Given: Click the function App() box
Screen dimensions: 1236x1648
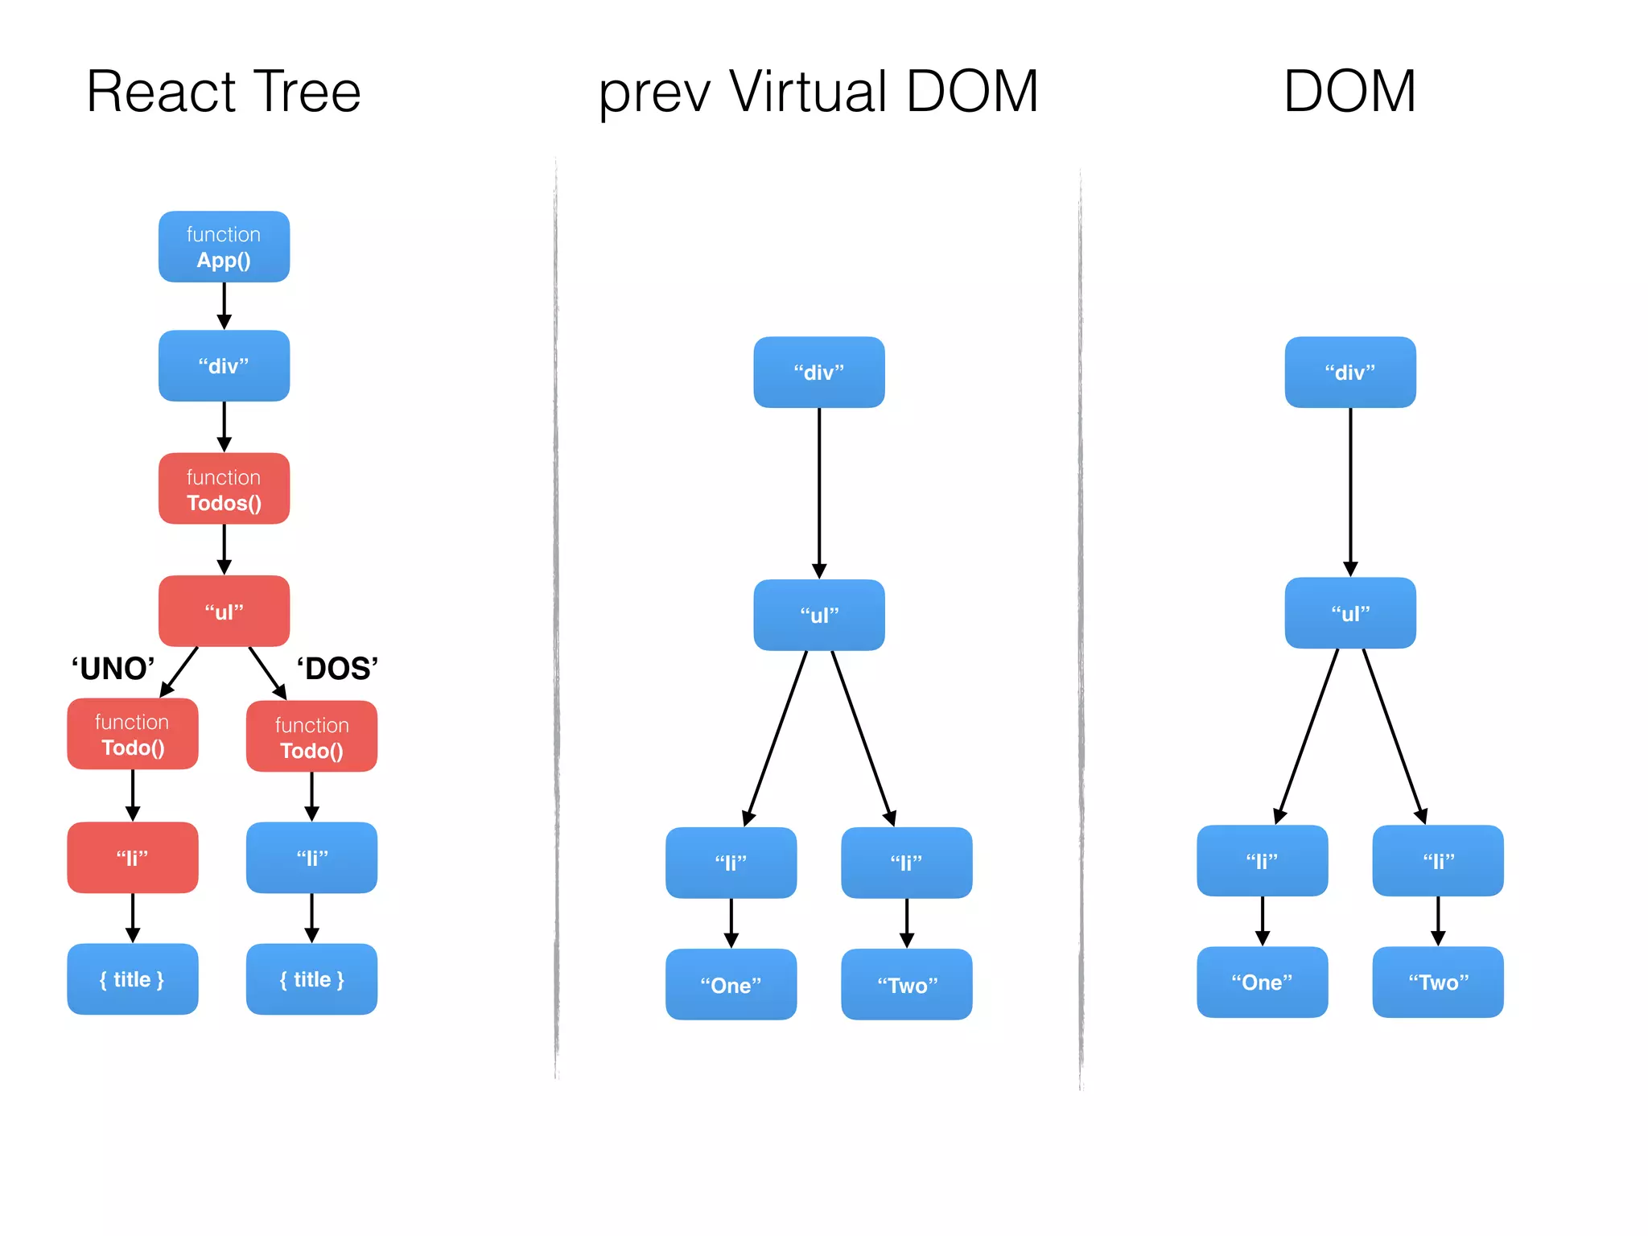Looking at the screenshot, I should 224,247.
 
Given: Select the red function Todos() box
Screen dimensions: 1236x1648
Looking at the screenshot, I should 224,489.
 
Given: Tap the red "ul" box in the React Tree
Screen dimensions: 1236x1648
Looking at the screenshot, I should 224,612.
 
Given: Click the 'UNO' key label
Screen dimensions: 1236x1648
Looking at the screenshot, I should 113,669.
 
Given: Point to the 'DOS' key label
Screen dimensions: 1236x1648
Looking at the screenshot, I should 337,669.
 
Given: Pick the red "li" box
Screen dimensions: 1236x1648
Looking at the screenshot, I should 133,858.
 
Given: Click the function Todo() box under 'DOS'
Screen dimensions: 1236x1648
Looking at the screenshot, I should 311,737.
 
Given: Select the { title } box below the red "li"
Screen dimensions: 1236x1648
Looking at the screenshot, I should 133,979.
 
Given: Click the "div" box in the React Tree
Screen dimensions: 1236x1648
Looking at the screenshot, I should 224,366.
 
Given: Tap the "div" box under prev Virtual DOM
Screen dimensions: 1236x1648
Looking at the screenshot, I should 818,373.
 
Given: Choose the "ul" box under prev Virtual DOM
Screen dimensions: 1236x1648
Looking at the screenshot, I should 818,616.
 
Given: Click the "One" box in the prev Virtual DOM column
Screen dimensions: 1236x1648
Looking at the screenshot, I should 731,985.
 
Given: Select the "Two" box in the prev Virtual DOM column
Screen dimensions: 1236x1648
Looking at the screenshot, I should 906,985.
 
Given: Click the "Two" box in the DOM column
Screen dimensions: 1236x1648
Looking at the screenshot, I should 1437,983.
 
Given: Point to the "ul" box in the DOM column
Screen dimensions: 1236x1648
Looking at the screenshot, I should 1349,613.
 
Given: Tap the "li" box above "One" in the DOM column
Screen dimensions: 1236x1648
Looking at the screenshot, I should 1262,861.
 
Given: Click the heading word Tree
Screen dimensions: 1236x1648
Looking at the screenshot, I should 306,92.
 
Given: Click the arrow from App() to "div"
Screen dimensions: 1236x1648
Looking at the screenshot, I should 224,306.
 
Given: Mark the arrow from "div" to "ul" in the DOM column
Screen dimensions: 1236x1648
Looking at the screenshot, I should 1350,491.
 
